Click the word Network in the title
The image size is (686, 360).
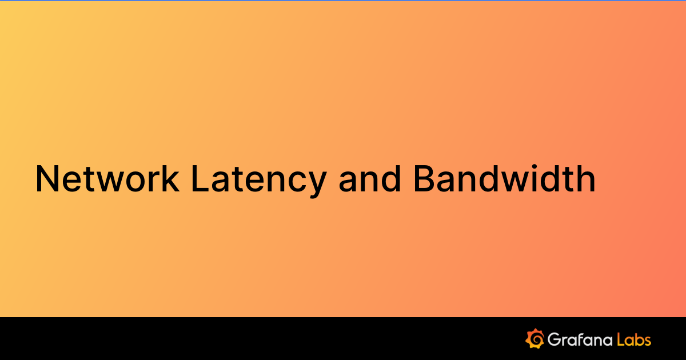pos(106,179)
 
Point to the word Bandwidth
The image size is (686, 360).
pos(504,179)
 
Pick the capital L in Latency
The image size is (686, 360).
pos(197,179)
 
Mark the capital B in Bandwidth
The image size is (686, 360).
pos(424,179)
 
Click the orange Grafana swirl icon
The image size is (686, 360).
pos(535,339)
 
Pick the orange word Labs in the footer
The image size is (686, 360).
pos(635,339)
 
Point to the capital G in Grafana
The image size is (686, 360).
pos(555,339)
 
